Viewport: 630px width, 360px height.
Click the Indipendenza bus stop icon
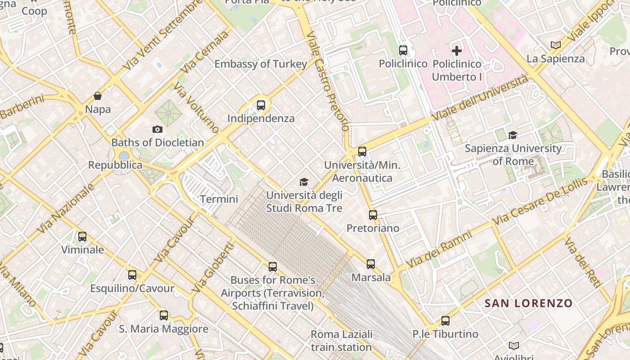click(261, 105)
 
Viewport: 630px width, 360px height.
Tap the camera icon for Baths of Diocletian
click(157, 130)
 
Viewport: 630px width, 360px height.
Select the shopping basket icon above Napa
click(98, 96)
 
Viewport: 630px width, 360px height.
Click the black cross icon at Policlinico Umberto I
click(457, 50)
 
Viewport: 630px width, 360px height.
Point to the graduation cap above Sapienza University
click(513, 135)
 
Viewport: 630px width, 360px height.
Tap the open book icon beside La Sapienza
click(556, 45)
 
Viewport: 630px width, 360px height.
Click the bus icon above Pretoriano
click(373, 215)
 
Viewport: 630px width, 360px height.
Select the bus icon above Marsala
click(371, 264)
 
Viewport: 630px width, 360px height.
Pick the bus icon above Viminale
click(82, 237)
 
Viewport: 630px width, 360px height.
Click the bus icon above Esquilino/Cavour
click(132, 275)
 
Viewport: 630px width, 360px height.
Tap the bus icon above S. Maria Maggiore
click(164, 315)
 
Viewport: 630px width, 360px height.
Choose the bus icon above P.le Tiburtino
click(445, 321)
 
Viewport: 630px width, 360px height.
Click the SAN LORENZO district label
click(528, 303)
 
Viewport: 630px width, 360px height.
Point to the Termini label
click(219, 199)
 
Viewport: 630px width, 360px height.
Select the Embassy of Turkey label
click(261, 64)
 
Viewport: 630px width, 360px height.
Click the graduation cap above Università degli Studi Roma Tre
click(304, 182)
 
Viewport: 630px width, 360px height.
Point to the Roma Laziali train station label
click(342, 341)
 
